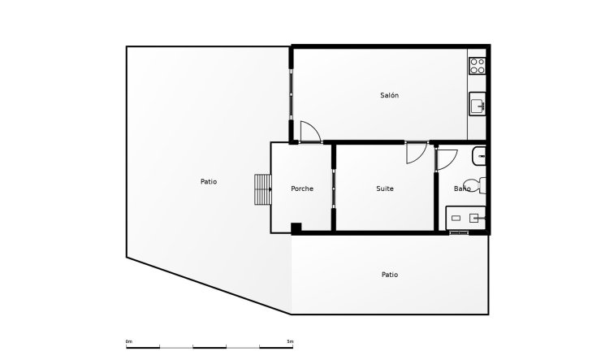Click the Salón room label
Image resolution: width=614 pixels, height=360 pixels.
pyautogui.click(x=389, y=96)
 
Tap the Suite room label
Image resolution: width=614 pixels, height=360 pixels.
pyautogui.click(x=385, y=189)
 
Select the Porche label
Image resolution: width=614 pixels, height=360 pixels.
pyautogui.click(x=302, y=189)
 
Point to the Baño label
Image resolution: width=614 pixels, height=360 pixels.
pyautogui.click(x=462, y=189)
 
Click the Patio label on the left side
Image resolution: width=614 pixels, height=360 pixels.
pyautogui.click(x=209, y=182)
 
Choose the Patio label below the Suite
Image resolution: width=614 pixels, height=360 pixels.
pyautogui.click(x=390, y=275)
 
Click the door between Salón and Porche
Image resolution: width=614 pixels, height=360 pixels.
pyautogui.click(x=309, y=132)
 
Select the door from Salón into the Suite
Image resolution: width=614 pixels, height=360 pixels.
pyautogui.click(x=416, y=153)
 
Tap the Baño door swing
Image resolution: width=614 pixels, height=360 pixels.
pyautogui.click(x=446, y=158)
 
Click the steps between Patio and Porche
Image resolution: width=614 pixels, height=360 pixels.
pyautogui.click(x=263, y=189)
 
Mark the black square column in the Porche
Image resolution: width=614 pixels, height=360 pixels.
pyautogui.click(x=296, y=227)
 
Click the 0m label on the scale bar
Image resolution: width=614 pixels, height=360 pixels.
pyautogui.click(x=129, y=340)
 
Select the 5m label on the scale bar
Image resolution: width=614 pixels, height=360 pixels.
pyautogui.click(x=290, y=340)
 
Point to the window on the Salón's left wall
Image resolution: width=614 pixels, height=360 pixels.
pyautogui.click(x=291, y=94)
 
